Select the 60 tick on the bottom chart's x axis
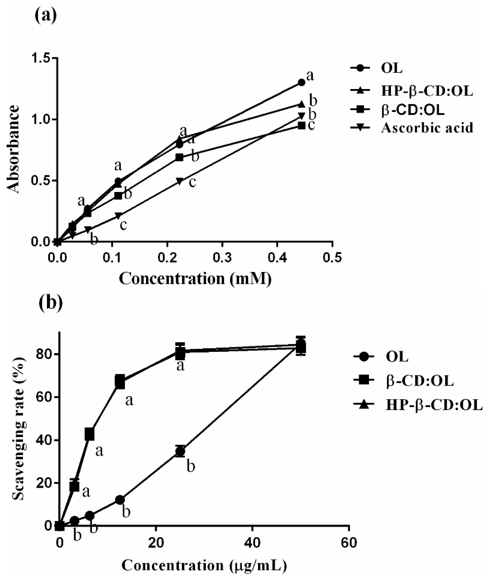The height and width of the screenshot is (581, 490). [349, 543]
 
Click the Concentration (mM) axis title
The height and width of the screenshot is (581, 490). [195, 279]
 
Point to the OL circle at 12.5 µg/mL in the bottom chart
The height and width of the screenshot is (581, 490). [120, 500]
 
